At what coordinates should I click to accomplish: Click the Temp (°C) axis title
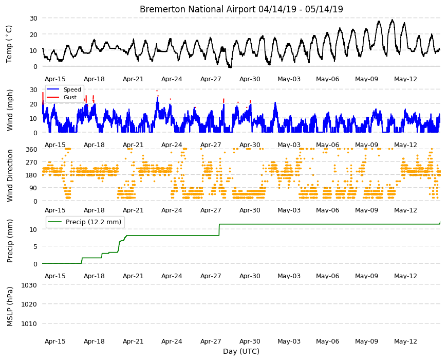[9, 44]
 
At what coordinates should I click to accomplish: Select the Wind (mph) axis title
[10, 110]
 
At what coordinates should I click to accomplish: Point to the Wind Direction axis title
[10, 176]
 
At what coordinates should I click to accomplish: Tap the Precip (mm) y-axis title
[10, 241]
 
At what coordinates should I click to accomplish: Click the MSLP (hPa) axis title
[10, 307]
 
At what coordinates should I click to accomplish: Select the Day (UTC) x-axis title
[241, 351]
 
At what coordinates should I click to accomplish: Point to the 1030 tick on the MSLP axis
[29, 285]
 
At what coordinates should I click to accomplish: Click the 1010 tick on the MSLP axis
[29, 324]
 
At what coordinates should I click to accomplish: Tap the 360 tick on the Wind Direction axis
[31, 149]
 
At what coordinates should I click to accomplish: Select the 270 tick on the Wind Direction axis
[31, 163]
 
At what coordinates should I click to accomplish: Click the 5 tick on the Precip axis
[35, 247]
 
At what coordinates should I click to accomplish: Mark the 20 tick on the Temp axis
[33, 34]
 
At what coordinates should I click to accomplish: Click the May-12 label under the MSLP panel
[405, 341]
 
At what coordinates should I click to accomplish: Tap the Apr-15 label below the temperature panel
[55, 79]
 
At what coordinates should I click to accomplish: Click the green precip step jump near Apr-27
[219, 230]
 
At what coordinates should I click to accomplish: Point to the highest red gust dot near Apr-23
[157, 91]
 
